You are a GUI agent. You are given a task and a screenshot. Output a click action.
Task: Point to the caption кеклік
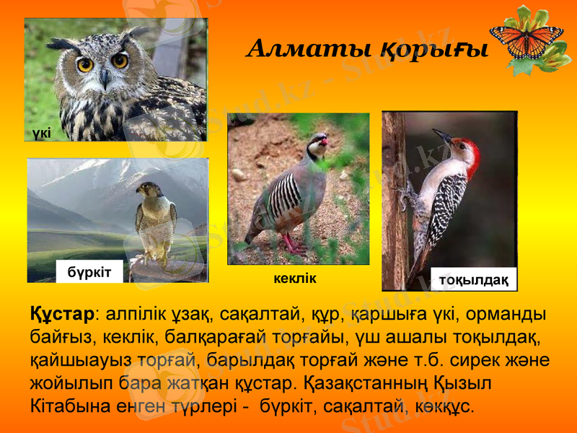(x=295, y=278)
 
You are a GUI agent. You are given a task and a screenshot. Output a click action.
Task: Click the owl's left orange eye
(x=85, y=64)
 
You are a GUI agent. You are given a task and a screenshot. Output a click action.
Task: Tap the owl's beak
(x=105, y=76)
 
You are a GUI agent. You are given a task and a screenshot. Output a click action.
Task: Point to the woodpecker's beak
(x=441, y=136)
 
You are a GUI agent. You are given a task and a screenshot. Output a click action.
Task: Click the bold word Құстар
(x=62, y=315)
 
